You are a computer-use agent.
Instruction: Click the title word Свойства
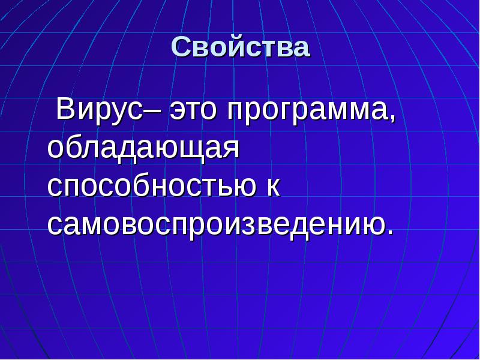tap(241, 47)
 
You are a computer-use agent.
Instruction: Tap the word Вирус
tap(102, 110)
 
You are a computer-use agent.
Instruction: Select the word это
tap(192, 112)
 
